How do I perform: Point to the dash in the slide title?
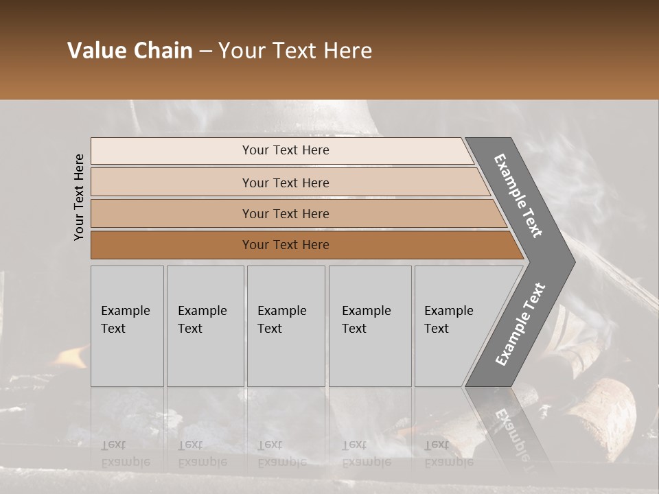coord(205,51)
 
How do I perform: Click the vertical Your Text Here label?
coord(79,197)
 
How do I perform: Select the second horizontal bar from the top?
coord(286,183)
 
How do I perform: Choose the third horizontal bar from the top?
coord(286,213)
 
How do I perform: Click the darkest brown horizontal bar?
coord(286,245)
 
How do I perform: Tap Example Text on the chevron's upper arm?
coord(519,195)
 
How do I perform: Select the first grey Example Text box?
coord(127,326)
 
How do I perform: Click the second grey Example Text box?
coord(205,326)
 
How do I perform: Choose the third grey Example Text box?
coord(286,326)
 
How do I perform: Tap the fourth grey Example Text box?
coord(369,326)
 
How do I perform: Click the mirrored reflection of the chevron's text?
coord(514,436)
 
